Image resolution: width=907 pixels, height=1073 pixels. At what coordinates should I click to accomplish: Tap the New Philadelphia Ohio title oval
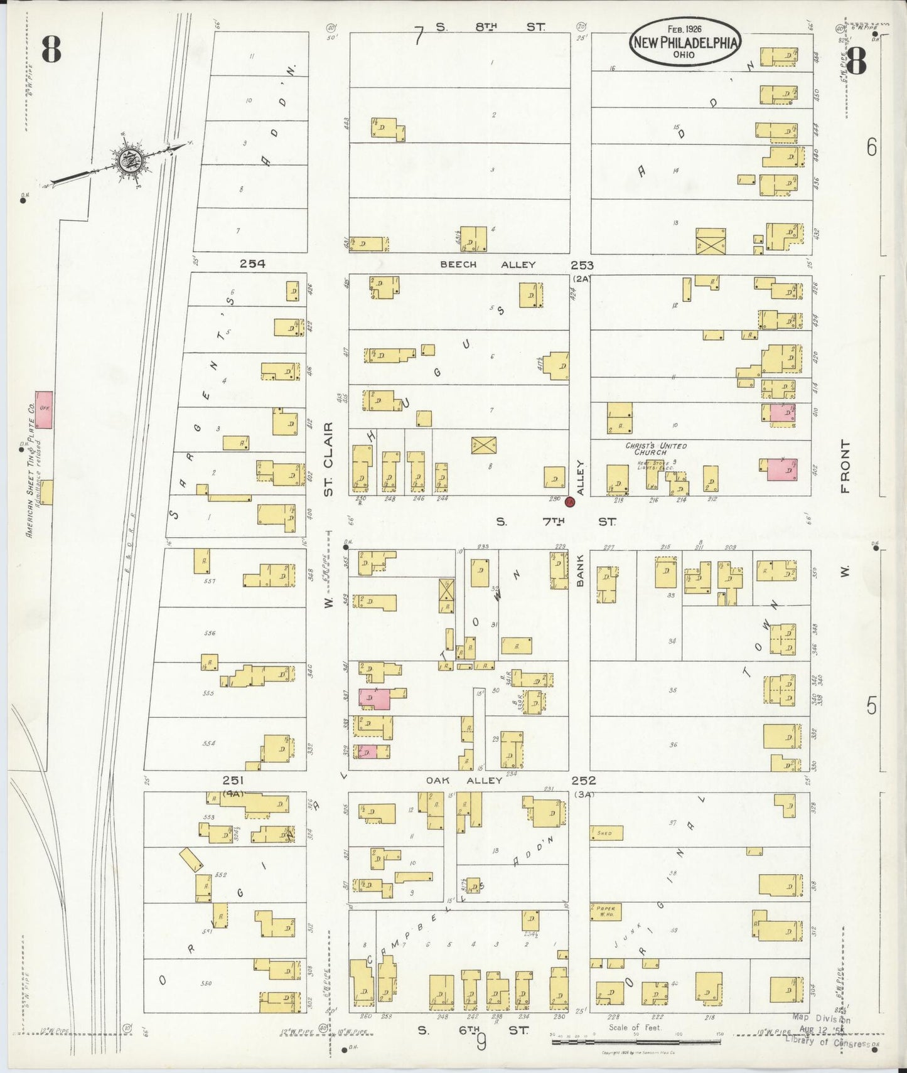pos(685,41)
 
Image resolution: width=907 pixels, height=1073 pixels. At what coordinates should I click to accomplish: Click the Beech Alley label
pos(487,264)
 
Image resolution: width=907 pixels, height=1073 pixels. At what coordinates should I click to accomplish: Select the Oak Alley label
pos(464,780)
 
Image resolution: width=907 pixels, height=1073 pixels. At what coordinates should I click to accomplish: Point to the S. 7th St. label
pos(555,521)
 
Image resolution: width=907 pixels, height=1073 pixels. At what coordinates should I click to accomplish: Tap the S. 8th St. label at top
pos(490,27)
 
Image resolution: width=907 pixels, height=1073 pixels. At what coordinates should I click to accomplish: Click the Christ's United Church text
pos(655,448)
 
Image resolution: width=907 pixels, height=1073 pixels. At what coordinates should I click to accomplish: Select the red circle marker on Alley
pos(570,501)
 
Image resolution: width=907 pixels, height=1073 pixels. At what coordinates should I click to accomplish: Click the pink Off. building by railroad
pos(43,410)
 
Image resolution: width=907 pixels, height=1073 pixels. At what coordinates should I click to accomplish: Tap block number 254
pos(252,264)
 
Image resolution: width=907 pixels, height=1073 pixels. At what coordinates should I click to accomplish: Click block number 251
pos(232,779)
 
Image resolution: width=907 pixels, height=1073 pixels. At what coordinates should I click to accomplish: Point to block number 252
pos(583,780)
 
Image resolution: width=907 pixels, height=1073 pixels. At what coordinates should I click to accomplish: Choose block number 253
pos(582,265)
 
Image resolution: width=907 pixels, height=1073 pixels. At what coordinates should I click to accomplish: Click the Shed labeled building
pos(607,833)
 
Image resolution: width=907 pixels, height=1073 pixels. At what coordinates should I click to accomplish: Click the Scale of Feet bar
pos(635,1042)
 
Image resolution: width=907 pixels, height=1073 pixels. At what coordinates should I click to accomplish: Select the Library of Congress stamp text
pos(827,1041)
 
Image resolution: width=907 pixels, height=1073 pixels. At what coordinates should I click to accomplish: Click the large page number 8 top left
pos(51,50)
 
